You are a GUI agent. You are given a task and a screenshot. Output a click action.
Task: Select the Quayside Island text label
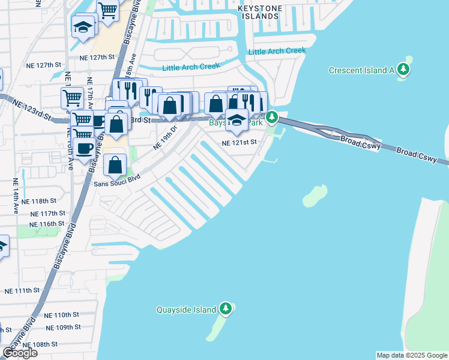pyautogui.click(x=186, y=310)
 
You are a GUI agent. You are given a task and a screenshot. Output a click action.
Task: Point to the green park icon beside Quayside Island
pyautogui.click(x=226, y=309)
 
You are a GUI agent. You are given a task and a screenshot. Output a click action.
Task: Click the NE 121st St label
pyautogui.click(x=239, y=143)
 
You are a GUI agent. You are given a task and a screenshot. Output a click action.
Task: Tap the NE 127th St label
pyautogui.click(x=97, y=58)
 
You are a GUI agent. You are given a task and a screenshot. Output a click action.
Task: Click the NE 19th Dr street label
pyautogui.click(x=166, y=137)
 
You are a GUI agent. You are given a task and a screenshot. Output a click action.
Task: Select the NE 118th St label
pyautogui.click(x=47, y=201)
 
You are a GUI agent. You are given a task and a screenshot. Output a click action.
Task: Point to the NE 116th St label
pyautogui.click(x=47, y=224)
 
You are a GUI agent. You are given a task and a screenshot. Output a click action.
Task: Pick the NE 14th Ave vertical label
pyautogui.click(x=15, y=196)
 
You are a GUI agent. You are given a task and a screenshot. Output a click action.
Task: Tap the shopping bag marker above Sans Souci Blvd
pyautogui.click(x=114, y=164)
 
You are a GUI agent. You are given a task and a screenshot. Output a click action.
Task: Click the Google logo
pyautogui.click(x=20, y=353)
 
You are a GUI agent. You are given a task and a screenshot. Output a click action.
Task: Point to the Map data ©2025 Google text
pyautogui.click(x=411, y=355)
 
